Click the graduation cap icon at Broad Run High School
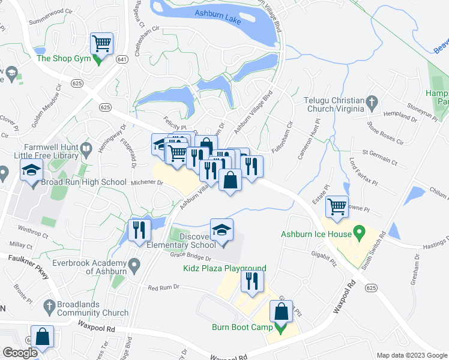coord(31,170)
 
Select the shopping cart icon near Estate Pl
coord(337,207)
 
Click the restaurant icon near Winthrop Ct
coord(138,230)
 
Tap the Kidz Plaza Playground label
coord(225,268)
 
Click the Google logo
coord(20,353)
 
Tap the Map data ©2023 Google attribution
coord(412,355)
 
